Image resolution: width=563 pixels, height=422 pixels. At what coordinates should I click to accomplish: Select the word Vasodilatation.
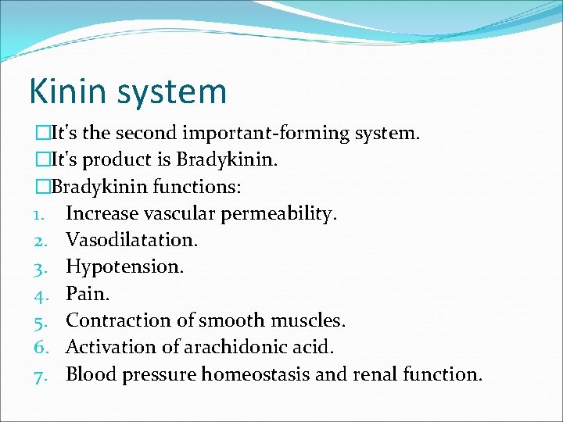pyautogui.click(x=131, y=241)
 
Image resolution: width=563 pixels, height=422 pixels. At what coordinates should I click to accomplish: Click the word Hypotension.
pyautogui.click(x=125, y=267)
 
